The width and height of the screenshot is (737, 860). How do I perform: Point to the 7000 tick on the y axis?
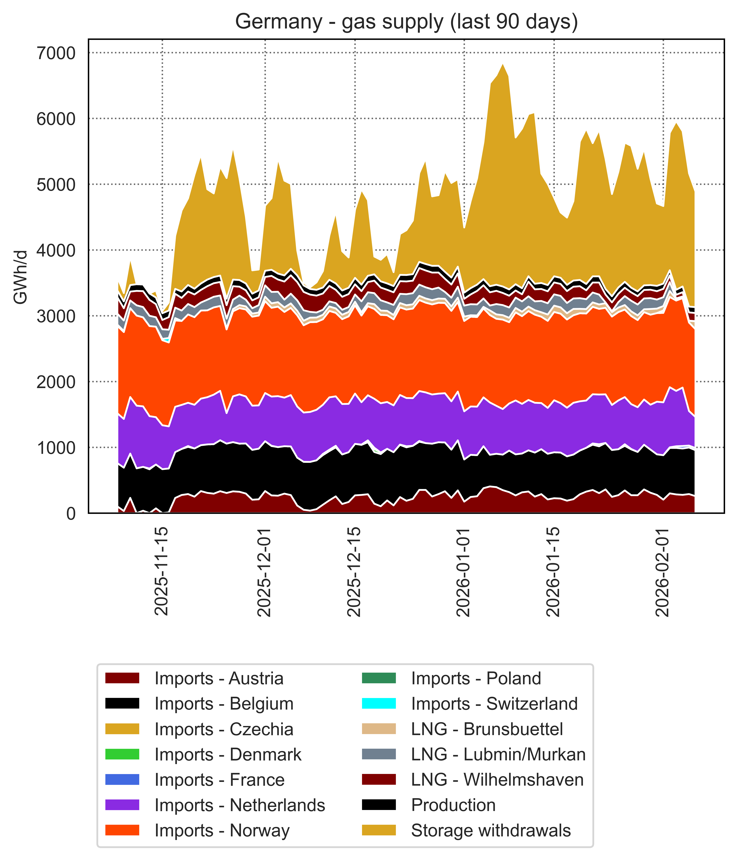[x=56, y=53]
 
